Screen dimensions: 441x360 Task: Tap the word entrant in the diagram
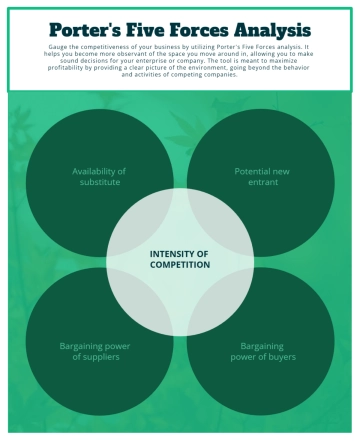(261, 182)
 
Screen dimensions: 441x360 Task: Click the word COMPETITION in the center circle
(180, 266)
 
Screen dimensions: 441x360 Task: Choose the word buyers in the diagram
(278, 357)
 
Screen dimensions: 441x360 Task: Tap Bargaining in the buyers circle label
(261, 346)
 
